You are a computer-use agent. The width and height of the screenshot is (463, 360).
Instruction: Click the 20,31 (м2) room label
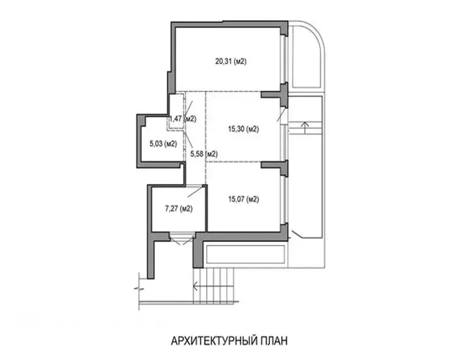click(231, 61)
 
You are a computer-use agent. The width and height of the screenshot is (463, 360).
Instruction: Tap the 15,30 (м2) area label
click(244, 129)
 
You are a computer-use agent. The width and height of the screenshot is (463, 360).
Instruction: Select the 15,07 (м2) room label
click(244, 199)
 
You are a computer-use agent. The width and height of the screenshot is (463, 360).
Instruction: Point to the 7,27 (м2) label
click(179, 209)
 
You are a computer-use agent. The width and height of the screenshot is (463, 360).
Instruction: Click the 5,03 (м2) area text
click(163, 144)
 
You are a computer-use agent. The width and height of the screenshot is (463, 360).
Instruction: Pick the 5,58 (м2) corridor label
click(204, 154)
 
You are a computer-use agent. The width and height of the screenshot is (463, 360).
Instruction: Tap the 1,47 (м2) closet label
click(183, 119)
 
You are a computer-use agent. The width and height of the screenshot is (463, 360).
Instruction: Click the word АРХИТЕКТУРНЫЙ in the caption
click(212, 341)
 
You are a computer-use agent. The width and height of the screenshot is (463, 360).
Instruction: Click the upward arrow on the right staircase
click(305, 128)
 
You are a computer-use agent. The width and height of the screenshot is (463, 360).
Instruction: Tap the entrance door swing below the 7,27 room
click(182, 239)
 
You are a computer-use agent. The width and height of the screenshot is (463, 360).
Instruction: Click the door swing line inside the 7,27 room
click(195, 191)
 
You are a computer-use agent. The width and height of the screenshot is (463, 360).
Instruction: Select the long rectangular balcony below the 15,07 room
click(245, 254)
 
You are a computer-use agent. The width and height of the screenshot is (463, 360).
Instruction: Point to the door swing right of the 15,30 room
click(281, 114)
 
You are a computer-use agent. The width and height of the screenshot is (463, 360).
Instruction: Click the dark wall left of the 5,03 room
click(139, 141)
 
